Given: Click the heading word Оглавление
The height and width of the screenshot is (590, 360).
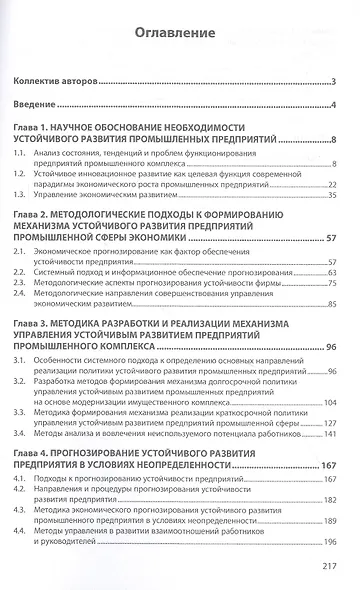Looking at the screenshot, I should point(179,32).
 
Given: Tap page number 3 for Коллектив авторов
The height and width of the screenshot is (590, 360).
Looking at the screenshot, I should point(331,81).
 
